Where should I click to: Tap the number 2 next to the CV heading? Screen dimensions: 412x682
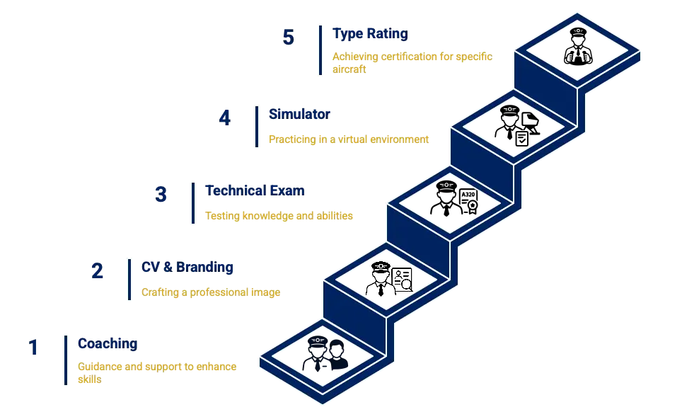pyautogui.click(x=98, y=271)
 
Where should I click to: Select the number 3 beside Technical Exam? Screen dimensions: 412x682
pyautogui.click(x=161, y=194)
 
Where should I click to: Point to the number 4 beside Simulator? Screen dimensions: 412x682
pyautogui.click(x=224, y=120)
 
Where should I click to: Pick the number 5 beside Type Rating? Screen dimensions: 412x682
pyautogui.click(x=288, y=37)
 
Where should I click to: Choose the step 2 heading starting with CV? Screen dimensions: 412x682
pyautogui.click(x=187, y=268)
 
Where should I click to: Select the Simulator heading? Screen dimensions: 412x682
pyautogui.click(x=297, y=113)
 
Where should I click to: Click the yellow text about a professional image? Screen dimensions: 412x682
pyautogui.click(x=212, y=292)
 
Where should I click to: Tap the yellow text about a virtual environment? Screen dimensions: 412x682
pyautogui.click(x=348, y=139)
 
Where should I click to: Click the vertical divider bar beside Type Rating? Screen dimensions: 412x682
pyautogui.click(x=320, y=50)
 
